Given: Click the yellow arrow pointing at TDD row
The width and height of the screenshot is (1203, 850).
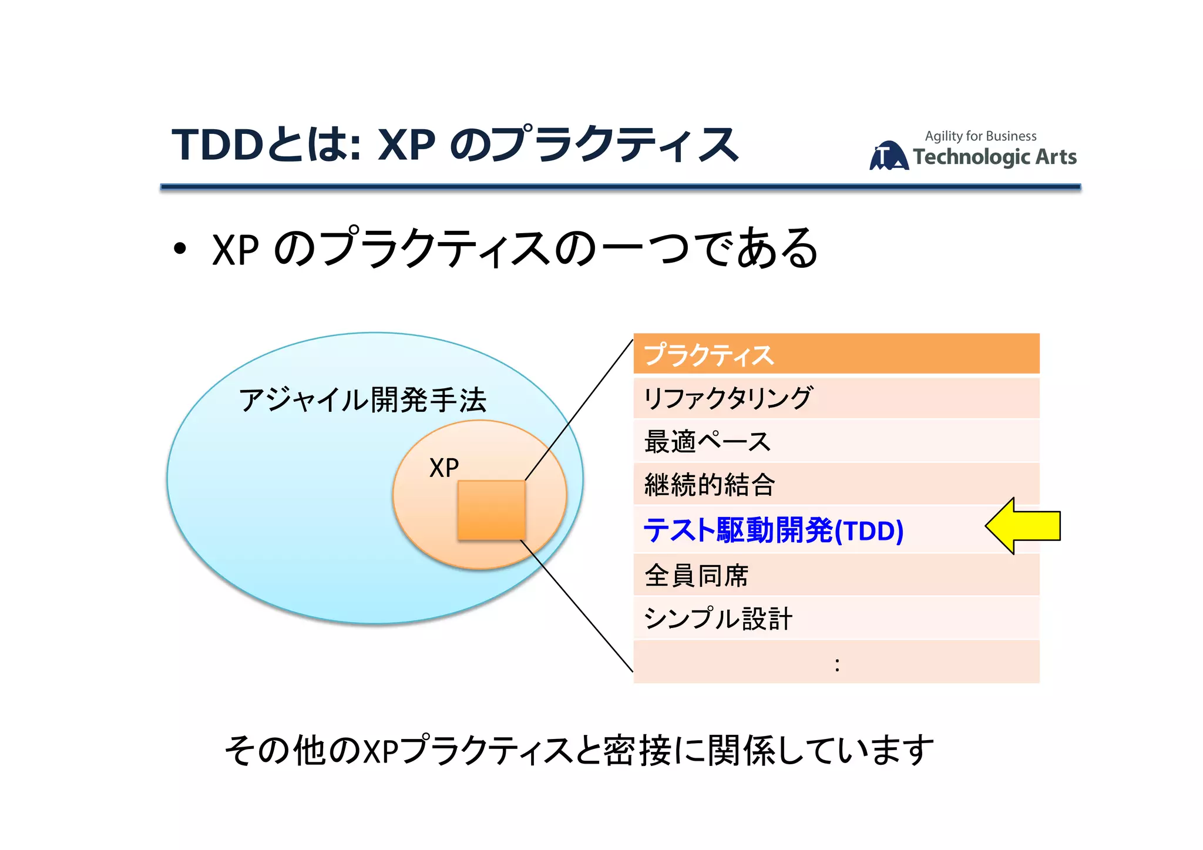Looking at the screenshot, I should pos(1025,526).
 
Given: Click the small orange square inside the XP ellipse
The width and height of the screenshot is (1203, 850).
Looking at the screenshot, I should pos(491,510).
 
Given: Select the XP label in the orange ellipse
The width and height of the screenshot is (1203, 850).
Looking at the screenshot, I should pos(443,468).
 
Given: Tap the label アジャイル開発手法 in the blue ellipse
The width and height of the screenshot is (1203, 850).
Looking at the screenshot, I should pos(362,400).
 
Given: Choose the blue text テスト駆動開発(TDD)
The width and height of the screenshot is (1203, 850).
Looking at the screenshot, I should pos(773,530).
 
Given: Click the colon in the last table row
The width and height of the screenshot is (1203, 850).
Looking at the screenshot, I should pos(836,665).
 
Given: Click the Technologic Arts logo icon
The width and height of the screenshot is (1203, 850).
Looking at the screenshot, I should pos(888,156).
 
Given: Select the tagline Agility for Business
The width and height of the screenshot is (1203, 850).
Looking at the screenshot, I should pos(980,136).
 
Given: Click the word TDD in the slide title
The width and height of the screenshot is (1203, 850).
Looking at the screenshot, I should pos(217,145).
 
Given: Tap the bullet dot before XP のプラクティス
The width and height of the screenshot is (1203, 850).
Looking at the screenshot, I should pos(180,249).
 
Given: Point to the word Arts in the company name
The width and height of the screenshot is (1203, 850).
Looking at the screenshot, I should pos(1055,157).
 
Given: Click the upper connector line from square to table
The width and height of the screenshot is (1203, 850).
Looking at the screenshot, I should pos(579,410).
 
